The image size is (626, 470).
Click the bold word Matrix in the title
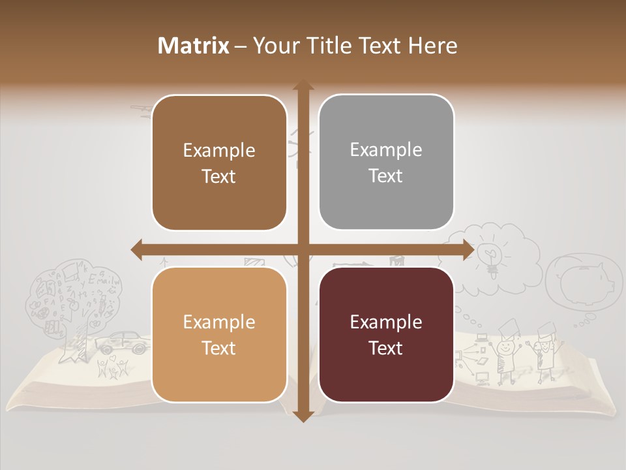[x=194, y=46]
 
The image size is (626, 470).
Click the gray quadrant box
[x=386, y=163]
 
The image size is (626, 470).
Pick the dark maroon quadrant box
[x=386, y=335]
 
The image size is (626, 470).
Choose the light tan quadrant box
[x=219, y=335]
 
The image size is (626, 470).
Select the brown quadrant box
[x=219, y=163]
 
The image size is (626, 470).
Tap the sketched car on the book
[x=123, y=342]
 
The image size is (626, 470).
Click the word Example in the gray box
[x=386, y=149]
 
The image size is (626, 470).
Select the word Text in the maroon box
[x=386, y=348]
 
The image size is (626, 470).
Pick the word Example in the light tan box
[x=219, y=322]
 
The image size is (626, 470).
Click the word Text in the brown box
[x=219, y=176]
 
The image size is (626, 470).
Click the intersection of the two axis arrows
[x=302, y=249]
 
